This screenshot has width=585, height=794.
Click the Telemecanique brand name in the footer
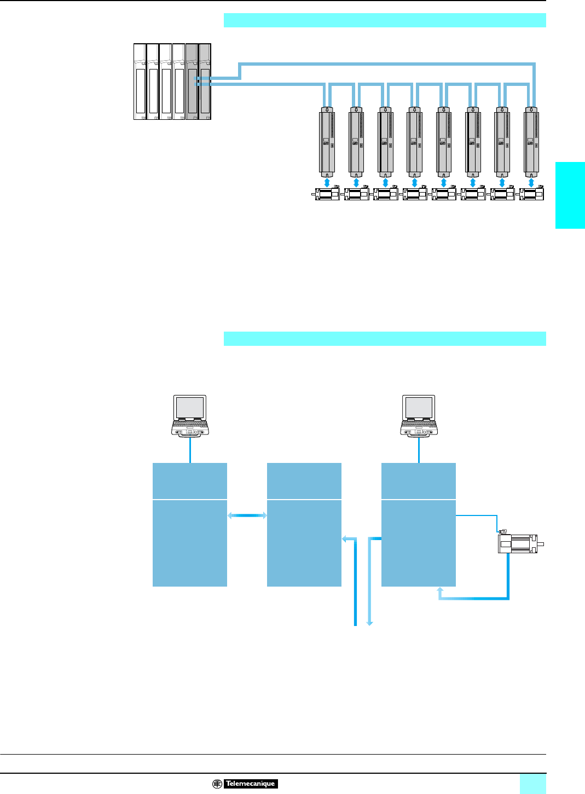pyautogui.click(x=251, y=784)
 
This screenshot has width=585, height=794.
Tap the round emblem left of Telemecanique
pyautogui.click(x=217, y=784)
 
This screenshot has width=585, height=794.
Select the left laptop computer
pyautogui.click(x=190, y=416)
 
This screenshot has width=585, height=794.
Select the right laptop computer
pyautogui.click(x=419, y=416)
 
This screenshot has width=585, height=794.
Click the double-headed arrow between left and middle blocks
pyautogui.click(x=247, y=515)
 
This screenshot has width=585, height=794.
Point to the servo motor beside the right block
pyautogui.click(x=519, y=543)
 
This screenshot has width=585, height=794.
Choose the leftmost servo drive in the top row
pyautogui.click(x=327, y=140)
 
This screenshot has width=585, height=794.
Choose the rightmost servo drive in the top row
pyautogui.click(x=531, y=140)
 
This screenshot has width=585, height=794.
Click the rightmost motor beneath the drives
pyautogui.click(x=532, y=194)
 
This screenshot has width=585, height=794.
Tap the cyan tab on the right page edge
pyautogui.click(x=570, y=195)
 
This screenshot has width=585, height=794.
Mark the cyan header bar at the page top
pyautogui.click(x=385, y=20)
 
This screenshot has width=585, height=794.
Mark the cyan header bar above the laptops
pyautogui.click(x=385, y=339)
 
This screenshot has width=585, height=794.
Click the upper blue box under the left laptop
pyautogui.click(x=190, y=481)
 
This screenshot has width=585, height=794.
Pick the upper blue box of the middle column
pyautogui.click(x=304, y=481)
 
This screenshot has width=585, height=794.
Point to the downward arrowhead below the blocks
pyautogui.click(x=369, y=622)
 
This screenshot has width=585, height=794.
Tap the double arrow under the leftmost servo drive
pyautogui.click(x=327, y=181)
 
